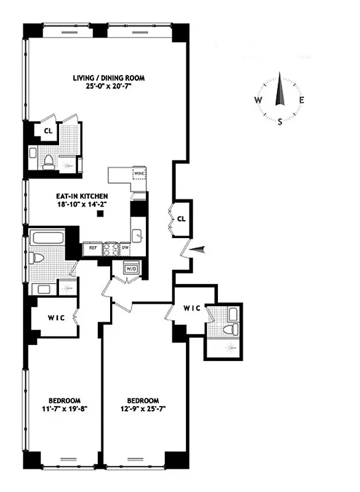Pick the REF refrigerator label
click(92, 248)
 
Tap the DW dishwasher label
click(126, 248)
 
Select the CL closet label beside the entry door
click(182, 219)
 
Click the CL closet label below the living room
click(47, 130)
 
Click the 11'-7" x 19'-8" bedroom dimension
click(62, 408)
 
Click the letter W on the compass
click(258, 100)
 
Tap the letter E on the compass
click(302, 100)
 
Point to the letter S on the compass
click(281, 121)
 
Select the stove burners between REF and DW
click(110, 248)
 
